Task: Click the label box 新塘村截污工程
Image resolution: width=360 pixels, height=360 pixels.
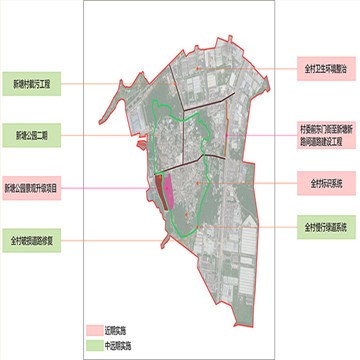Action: click(33, 85)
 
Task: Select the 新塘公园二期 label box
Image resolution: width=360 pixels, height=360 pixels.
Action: click(33, 133)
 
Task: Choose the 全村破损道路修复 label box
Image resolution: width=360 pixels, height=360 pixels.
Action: click(33, 241)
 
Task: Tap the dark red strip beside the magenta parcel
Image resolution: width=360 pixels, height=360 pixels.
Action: click(157, 186)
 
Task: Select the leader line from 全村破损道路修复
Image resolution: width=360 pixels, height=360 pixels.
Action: click(100, 241)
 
